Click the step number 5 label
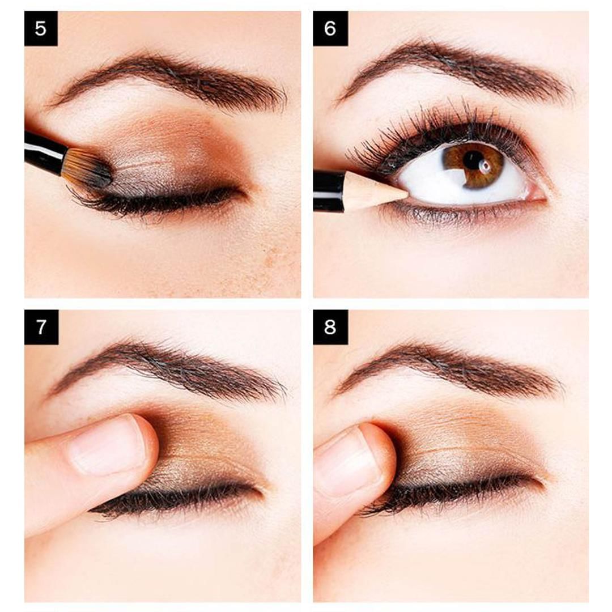click(x=41, y=28)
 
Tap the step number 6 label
click(x=330, y=28)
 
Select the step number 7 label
click(x=41, y=327)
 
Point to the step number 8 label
click(x=330, y=327)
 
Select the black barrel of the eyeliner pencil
click(x=328, y=190)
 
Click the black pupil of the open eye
click(x=473, y=160)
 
